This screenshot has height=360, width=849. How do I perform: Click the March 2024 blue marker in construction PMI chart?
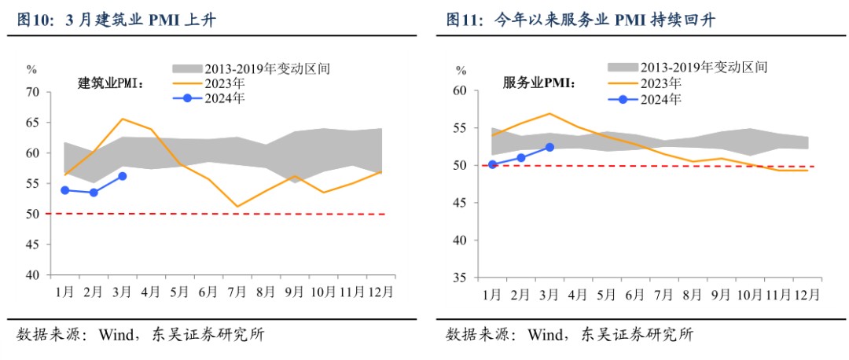pos(122,176)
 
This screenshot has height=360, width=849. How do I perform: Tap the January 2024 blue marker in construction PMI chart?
pos(65,190)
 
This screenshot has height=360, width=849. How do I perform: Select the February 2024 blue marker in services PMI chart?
pos(520,158)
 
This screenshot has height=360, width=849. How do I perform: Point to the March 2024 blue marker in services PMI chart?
pos(549,147)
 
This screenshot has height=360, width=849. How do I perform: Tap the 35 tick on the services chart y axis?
pos(460,278)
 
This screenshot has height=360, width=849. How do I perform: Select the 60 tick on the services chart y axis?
pos(460,90)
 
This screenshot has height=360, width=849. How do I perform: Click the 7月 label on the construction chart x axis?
pos(237,292)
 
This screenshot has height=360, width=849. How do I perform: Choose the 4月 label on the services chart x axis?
pos(577,296)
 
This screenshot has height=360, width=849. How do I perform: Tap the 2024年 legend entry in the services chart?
pos(660,99)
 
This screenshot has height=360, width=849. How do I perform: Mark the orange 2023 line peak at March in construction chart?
pos(122,119)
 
